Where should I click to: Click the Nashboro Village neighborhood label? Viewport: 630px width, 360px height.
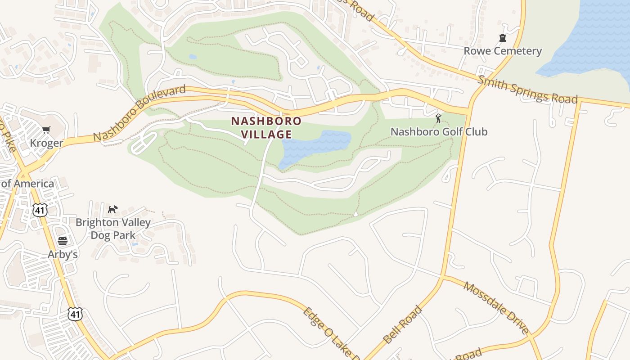click(266, 127)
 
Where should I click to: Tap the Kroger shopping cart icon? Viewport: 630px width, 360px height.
click(46, 130)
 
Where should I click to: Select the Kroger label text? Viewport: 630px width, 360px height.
click(46, 143)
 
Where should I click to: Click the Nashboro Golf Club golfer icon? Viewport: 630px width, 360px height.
click(438, 119)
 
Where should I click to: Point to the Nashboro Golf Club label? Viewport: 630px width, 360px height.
click(439, 132)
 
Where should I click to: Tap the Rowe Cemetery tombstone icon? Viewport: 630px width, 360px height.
click(502, 38)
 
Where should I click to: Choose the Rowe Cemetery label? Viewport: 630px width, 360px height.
click(503, 51)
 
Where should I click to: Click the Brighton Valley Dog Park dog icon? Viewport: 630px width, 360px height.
click(112, 209)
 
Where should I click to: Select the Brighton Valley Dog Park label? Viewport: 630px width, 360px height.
click(113, 229)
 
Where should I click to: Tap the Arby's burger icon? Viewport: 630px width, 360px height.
click(63, 241)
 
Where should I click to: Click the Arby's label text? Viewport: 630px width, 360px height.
click(63, 254)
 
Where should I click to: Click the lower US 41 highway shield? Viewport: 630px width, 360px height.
click(75, 314)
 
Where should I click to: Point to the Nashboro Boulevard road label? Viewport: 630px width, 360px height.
click(139, 112)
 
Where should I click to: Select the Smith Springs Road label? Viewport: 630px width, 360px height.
click(527, 90)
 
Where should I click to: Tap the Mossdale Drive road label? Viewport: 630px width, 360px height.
click(496, 308)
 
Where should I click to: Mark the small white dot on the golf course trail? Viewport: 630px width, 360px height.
click(356, 214)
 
